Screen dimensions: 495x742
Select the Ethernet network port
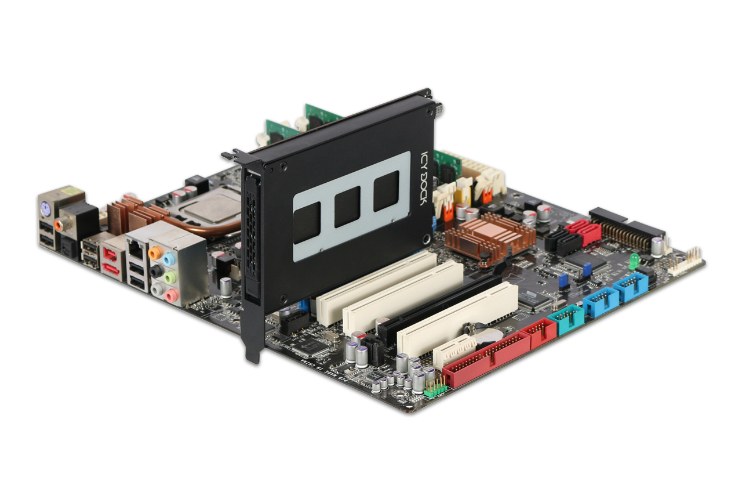pos(135,249)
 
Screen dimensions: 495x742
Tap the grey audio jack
pos(155,288)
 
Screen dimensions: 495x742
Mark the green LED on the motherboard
pos(634,259)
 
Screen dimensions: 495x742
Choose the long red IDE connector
pos(487,360)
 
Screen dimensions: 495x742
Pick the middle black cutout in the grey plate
pos(348,207)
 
